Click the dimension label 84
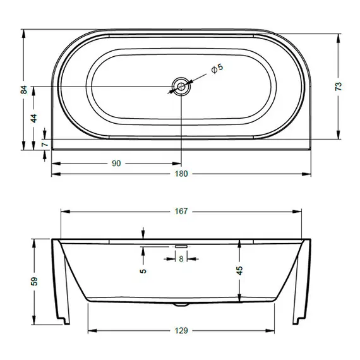point(24,90)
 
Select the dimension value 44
point(34,117)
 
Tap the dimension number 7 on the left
point(44,145)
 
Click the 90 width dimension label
point(116,164)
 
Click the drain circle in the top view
point(181,86)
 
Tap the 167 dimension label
point(181,212)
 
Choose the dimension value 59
point(34,281)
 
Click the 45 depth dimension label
point(239,270)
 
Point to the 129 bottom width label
point(181,330)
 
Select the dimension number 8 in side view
point(181,258)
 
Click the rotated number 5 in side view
point(144,270)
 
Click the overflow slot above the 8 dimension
point(181,245)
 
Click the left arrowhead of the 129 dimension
point(89,330)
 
